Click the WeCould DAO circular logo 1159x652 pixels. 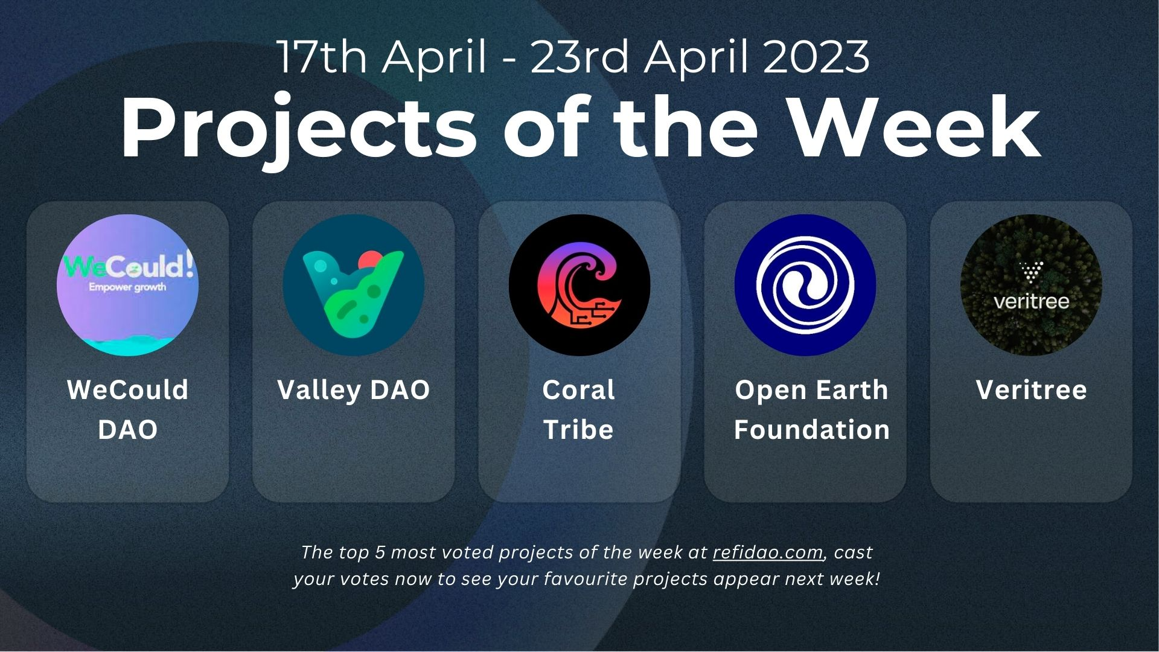127,285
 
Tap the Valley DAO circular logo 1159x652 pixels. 354,285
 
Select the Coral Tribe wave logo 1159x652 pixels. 579,285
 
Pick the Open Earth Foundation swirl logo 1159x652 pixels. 805,285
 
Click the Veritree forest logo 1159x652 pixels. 1031,285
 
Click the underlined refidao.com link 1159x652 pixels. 768,552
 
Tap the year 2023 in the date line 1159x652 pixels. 817,57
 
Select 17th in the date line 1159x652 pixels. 322,57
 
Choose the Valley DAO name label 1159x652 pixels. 354,390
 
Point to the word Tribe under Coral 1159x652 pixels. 578,430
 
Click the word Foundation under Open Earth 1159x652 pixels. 812,430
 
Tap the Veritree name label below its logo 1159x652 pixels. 1032,390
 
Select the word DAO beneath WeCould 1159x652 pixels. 128,430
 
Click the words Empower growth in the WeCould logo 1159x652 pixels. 127,287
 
